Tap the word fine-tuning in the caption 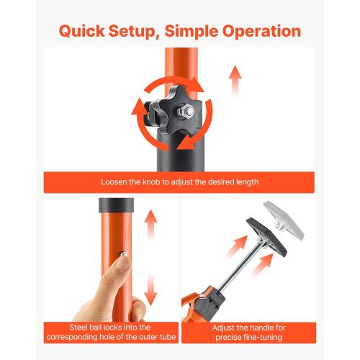click(263, 336)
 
